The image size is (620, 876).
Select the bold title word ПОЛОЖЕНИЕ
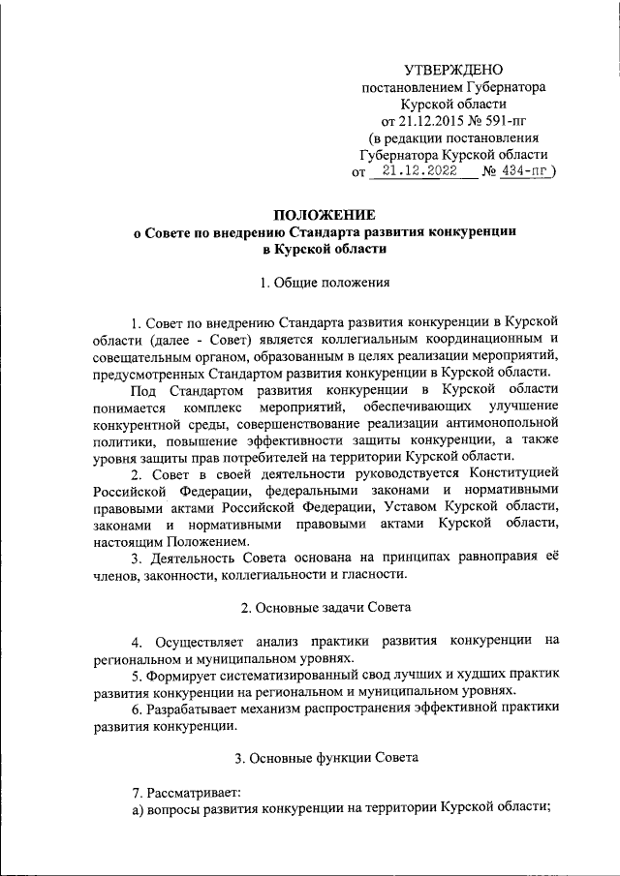tap(325, 214)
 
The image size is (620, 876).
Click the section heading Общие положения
tap(331, 283)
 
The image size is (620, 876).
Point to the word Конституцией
tap(513, 471)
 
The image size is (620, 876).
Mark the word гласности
tap(373, 573)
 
